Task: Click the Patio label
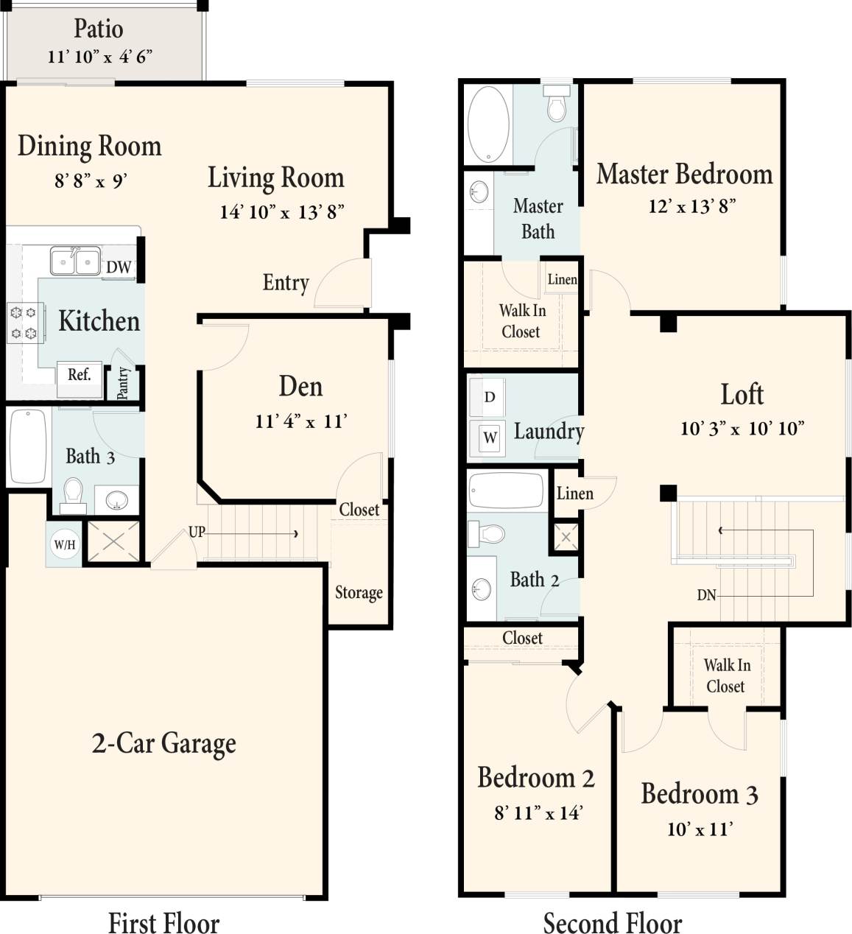click(99, 29)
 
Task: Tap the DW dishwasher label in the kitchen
click(119, 267)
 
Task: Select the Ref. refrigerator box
click(79, 374)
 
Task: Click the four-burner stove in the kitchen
click(22, 323)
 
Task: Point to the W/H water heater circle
click(65, 545)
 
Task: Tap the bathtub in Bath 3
click(28, 446)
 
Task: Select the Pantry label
click(123, 383)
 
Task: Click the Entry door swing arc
click(340, 284)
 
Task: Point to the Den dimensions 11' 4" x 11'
click(300, 421)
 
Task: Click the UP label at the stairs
click(197, 532)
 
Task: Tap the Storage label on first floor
click(359, 593)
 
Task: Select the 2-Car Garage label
click(163, 743)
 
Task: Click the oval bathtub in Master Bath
click(488, 124)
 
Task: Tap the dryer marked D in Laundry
click(489, 398)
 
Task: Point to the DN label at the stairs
click(705, 595)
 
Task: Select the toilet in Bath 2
click(487, 533)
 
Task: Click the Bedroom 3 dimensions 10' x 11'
click(699, 829)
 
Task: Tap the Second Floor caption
click(612, 923)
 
